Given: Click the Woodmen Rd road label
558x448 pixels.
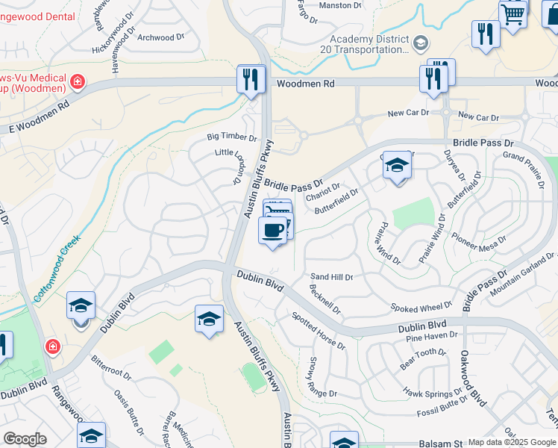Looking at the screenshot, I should [305, 84].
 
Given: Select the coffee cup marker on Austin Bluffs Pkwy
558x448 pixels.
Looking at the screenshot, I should [273, 230].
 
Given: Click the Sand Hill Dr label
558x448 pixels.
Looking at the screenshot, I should [331, 277].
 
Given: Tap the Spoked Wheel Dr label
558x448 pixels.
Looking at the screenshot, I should [421, 306].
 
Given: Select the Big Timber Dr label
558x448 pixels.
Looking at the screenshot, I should [231, 137].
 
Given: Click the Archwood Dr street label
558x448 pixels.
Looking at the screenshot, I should [160, 37].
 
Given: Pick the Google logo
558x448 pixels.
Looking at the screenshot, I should [25, 439].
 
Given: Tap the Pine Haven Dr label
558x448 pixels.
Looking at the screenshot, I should [432, 337].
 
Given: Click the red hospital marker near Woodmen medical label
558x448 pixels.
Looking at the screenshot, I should [76, 80].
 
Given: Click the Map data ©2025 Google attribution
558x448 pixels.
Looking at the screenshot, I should [512, 442].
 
